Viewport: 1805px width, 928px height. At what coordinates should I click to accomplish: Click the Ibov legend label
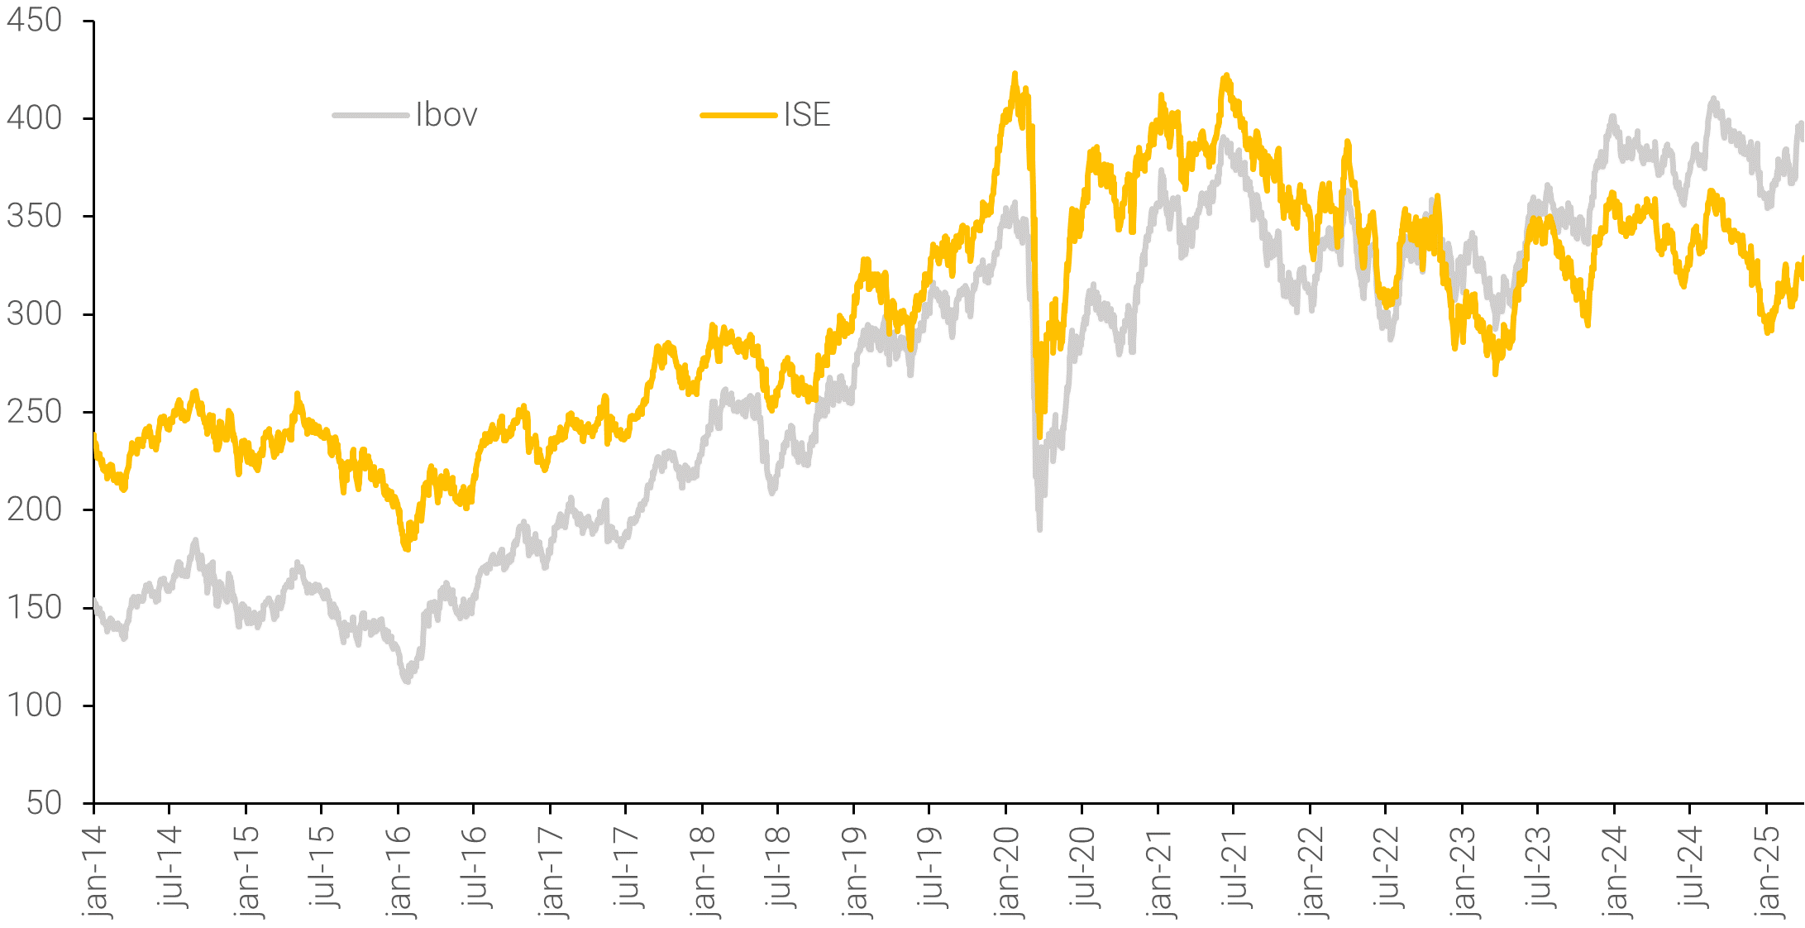[x=446, y=115]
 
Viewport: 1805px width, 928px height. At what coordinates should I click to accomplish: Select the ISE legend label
[x=807, y=115]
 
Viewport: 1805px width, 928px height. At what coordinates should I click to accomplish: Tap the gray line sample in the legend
[x=370, y=115]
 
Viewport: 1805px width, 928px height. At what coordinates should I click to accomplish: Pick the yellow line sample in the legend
[x=738, y=115]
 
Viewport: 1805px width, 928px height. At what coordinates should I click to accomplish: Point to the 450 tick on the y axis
[x=34, y=21]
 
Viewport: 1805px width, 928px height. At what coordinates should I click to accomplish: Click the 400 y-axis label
[x=34, y=118]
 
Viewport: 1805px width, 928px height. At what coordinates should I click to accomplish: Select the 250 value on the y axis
[x=34, y=412]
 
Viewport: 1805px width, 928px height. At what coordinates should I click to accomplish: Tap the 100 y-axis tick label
[x=34, y=706]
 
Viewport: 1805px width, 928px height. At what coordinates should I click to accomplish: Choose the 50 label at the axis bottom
[x=44, y=803]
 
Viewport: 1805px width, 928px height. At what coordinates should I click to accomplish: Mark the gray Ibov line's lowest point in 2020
[x=1039, y=528]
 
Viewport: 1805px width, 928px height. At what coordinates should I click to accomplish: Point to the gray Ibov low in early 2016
[x=406, y=681]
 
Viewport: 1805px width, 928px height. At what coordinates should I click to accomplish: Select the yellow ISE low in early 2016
[x=406, y=548]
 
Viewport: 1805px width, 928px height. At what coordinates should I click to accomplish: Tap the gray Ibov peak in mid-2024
[x=1712, y=100]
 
